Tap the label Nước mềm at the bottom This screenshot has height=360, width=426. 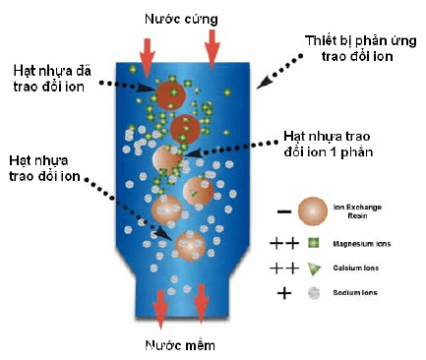(x=181, y=345)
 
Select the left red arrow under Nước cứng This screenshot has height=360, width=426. (x=147, y=58)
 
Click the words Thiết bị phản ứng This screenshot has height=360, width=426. (x=361, y=41)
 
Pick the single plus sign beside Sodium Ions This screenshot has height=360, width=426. (x=284, y=293)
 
